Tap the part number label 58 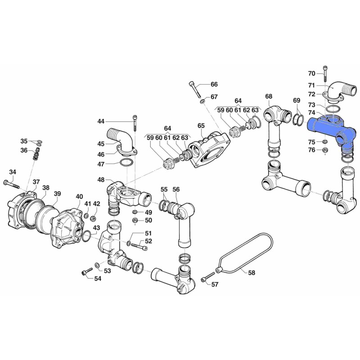pos(252,273)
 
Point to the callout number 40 pos(79,197)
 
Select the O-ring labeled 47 pos(126,163)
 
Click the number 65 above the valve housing pos(201,126)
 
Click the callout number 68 pos(268,96)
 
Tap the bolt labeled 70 pos(325,73)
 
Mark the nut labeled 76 pos(325,150)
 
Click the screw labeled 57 pos(208,276)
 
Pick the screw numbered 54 pos(87,271)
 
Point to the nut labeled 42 pos(94,217)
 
